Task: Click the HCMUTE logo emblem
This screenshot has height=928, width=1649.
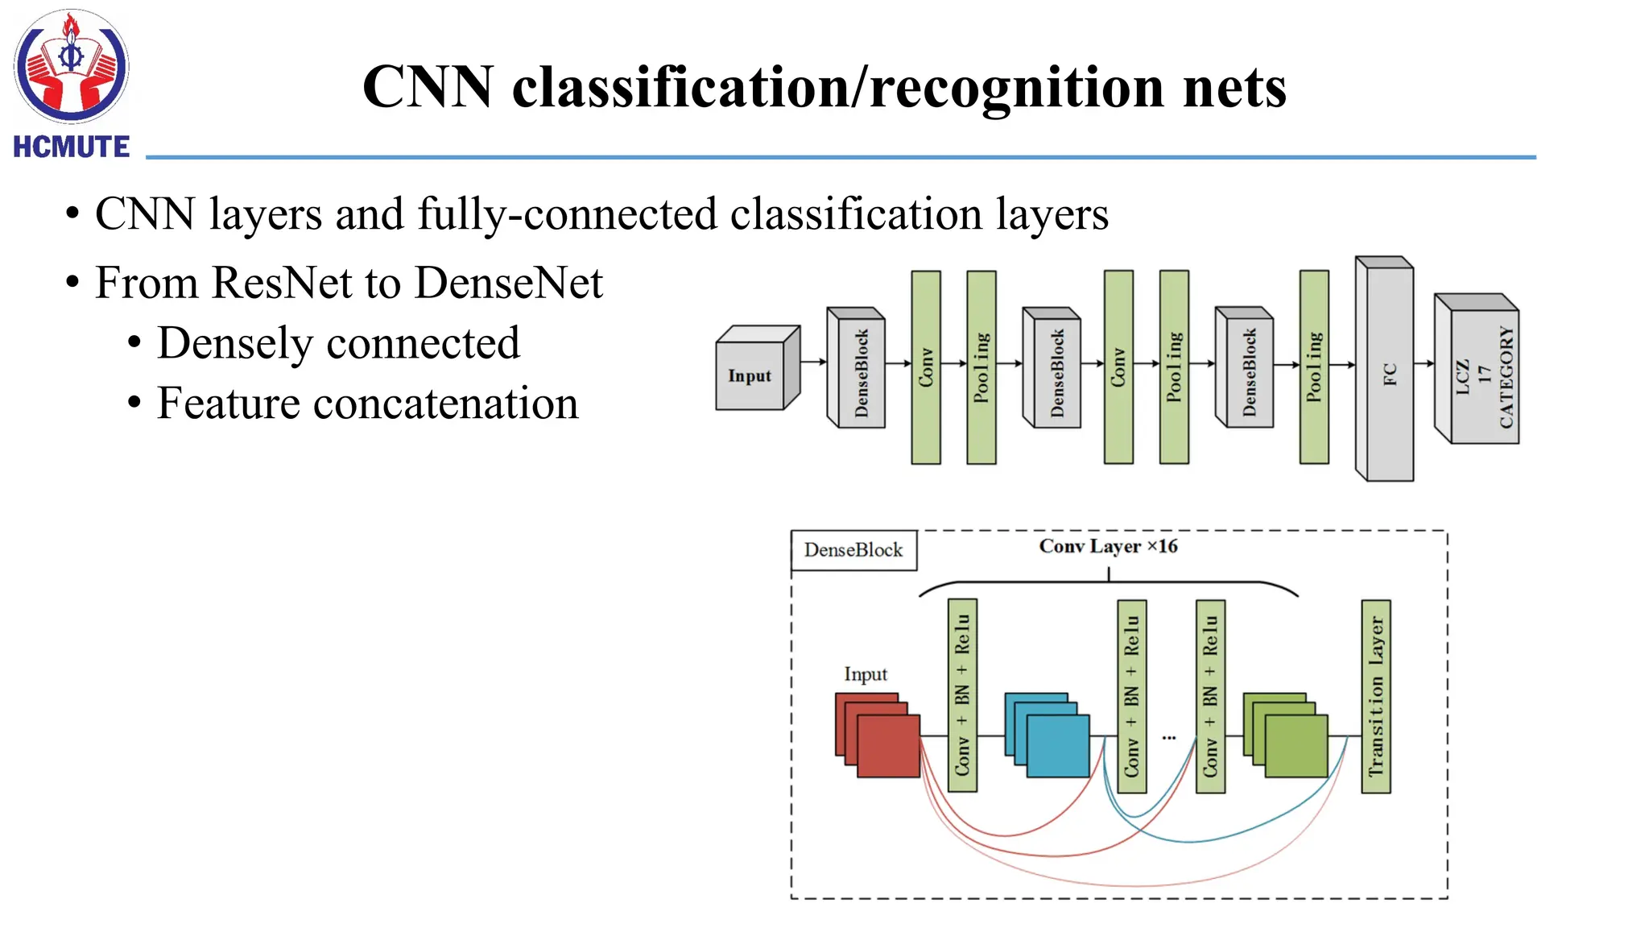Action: pyautogui.click(x=71, y=67)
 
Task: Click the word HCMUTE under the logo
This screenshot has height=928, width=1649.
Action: pyautogui.click(x=71, y=147)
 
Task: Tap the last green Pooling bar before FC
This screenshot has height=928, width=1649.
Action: pyautogui.click(x=1313, y=367)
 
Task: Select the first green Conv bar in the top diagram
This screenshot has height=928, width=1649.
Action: pyautogui.click(x=925, y=367)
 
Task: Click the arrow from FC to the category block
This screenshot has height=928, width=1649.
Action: pyautogui.click(x=1424, y=364)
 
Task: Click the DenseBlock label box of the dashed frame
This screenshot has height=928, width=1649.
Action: pyautogui.click(x=853, y=550)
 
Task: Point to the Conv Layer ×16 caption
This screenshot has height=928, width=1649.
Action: pyautogui.click(x=1108, y=546)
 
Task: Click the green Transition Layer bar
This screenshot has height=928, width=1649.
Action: pyautogui.click(x=1375, y=696)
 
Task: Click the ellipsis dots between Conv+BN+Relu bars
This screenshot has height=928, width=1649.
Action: pyautogui.click(x=1169, y=737)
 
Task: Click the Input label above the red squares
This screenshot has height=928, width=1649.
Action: pyautogui.click(x=866, y=674)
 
